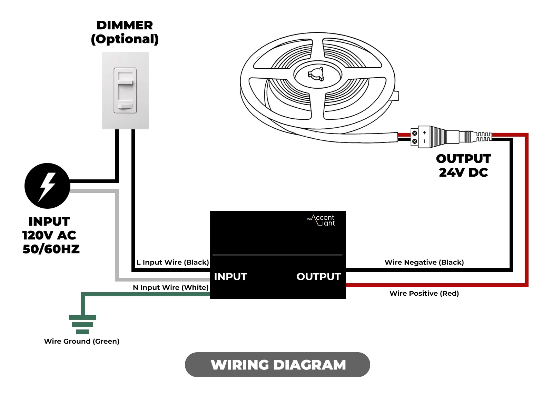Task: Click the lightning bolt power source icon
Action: [x=47, y=186]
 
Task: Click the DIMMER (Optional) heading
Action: [x=125, y=32]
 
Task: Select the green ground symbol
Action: [x=82, y=324]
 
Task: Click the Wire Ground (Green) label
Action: [x=82, y=341]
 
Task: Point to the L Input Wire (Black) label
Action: [x=172, y=262]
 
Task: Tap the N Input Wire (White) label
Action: [x=170, y=287]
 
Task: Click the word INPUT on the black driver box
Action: [x=230, y=277]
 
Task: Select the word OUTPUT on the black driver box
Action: [x=318, y=277]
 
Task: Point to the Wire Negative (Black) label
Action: [x=424, y=262]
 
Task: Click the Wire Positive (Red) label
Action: [x=424, y=293]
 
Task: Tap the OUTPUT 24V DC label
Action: [x=463, y=166]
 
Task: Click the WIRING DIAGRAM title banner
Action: [x=277, y=365]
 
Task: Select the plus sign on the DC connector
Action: [x=424, y=132]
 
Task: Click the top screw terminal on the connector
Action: [x=415, y=133]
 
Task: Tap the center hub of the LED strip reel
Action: [x=316, y=74]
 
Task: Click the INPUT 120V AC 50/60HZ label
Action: [x=50, y=235]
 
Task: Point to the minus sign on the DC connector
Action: [x=424, y=141]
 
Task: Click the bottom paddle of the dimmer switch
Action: [x=125, y=107]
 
